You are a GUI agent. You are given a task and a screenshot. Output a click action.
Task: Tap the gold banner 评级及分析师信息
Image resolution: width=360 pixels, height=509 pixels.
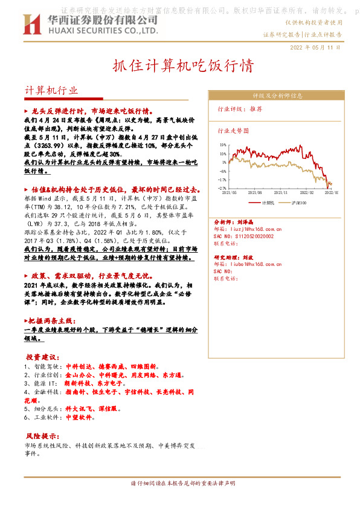pyautogui.click(x=277, y=96)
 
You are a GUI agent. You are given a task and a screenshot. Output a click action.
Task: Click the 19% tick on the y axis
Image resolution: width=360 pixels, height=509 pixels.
pyautogui.click(x=223, y=145)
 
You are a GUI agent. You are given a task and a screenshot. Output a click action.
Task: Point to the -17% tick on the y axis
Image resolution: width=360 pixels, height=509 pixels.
pyautogui.click(x=222, y=180)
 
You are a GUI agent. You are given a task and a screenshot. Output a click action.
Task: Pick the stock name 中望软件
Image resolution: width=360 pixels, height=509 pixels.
pyautogui.click(x=81, y=417)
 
